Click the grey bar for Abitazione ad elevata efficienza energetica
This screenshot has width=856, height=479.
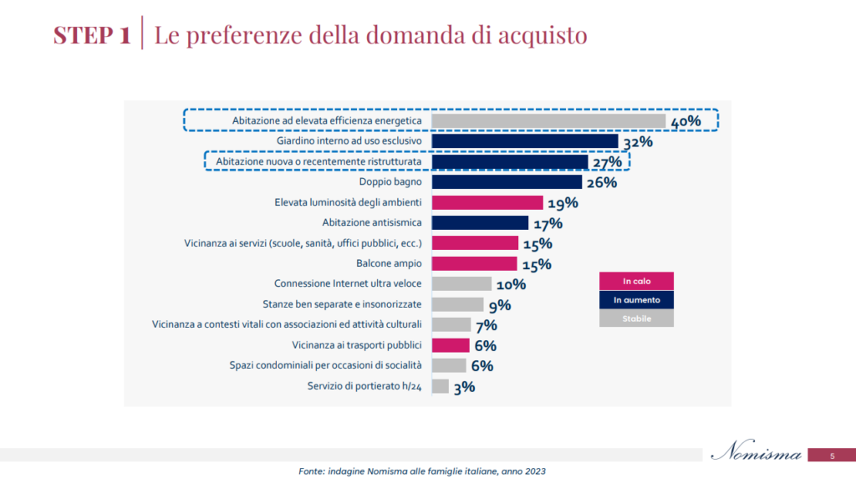point(548,121)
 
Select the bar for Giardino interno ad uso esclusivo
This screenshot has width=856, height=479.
point(524,141)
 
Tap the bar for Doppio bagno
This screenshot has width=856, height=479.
point(506,182)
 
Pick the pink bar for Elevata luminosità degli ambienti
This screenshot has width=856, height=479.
point(487,202)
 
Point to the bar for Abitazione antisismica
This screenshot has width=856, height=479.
point(480,223)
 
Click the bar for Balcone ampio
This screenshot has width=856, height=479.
point(474,264)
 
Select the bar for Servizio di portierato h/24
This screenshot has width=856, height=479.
point(440,386)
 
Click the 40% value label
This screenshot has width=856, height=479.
point(685,122)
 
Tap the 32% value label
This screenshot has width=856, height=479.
point(637,142)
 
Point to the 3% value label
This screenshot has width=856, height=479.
point(464,387)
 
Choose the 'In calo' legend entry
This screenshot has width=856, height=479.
point(636,281)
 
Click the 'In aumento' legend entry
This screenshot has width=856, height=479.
point(636,299)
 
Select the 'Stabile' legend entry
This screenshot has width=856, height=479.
point(636,318)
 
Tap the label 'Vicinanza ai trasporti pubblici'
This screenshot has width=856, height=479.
point(357,345)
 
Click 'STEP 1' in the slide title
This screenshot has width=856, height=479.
point(92,35)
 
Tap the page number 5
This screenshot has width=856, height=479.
point(832,456)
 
